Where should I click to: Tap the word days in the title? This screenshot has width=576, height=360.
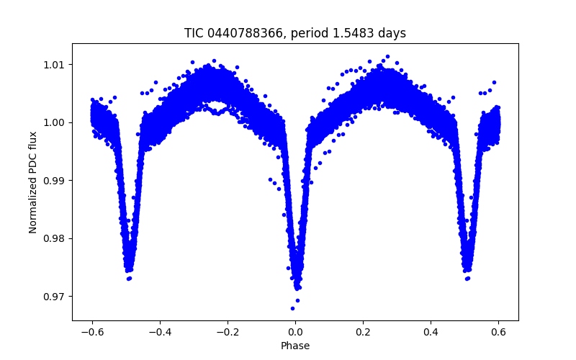392,34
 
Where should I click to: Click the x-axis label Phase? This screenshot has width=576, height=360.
295,346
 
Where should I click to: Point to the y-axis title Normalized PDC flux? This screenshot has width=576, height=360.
32,181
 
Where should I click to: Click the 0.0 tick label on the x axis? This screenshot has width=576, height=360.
295,332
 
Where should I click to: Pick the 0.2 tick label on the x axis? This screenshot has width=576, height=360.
363,332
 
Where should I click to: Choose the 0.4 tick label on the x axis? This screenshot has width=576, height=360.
431,332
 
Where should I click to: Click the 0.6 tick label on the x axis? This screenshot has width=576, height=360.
498,332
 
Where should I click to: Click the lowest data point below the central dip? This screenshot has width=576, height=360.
292,308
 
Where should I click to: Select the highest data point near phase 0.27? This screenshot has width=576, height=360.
387,56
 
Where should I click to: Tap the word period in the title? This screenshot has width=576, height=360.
307,34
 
